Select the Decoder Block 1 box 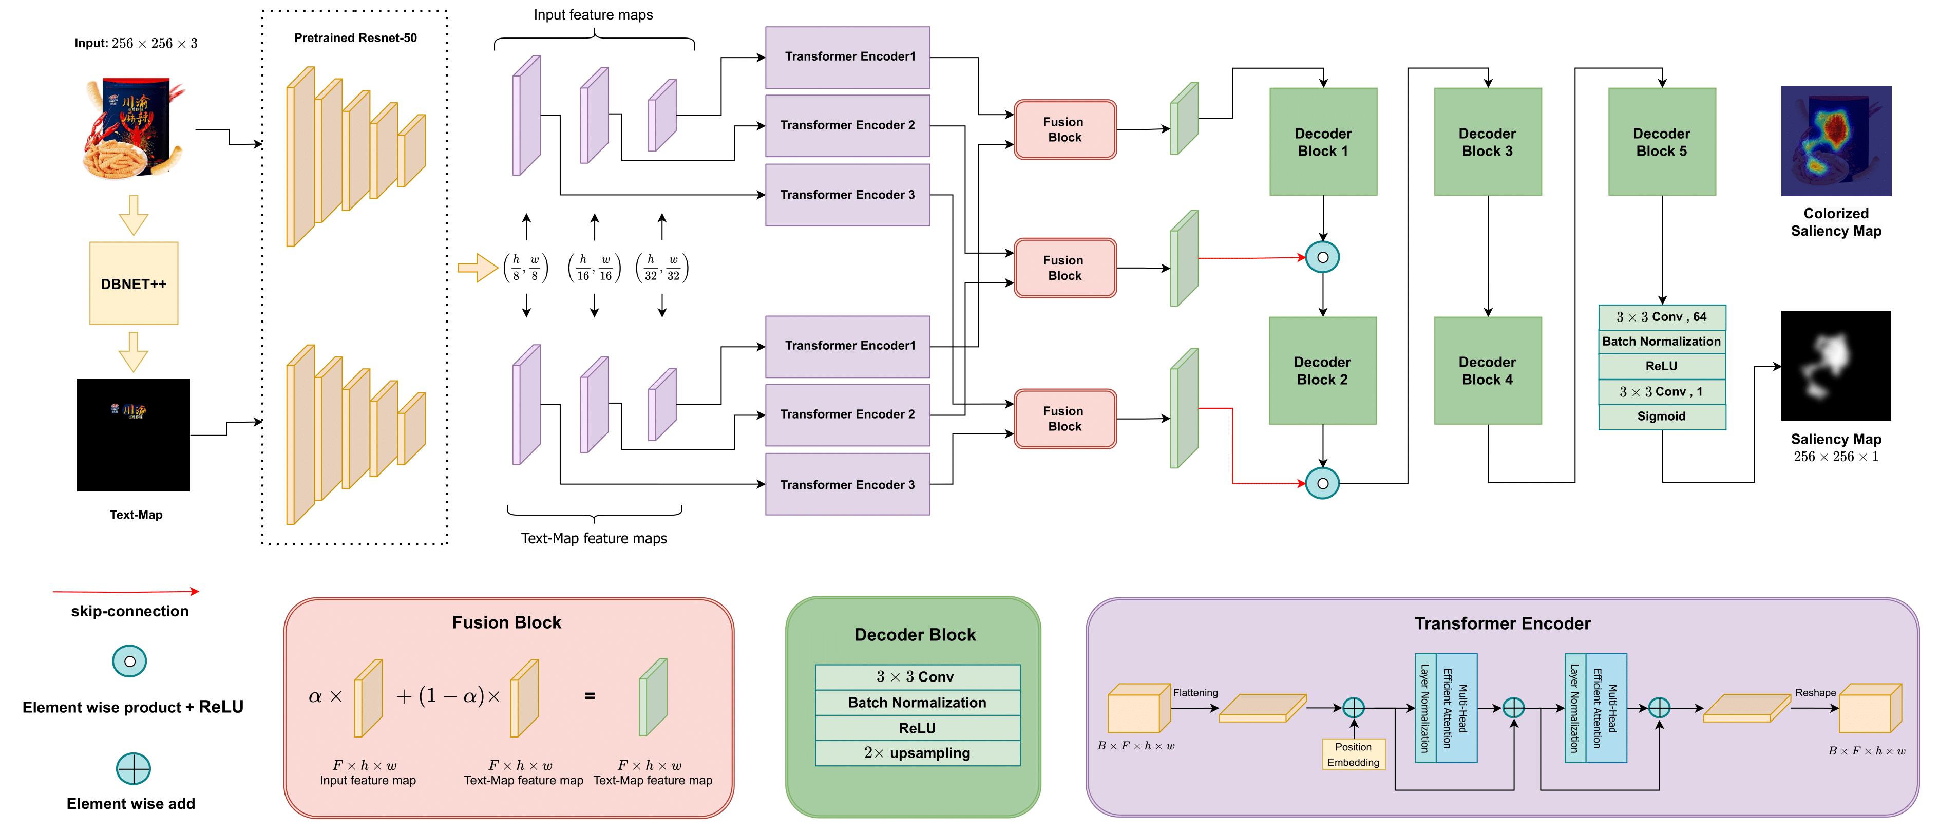[x=1322, y=142]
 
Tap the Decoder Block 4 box [x=1487, y=370]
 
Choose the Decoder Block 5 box [x=1661, y=142]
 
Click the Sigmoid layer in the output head [x=1661, y=417]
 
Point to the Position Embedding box [x=1353, y=754]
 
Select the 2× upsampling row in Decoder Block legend [x=917, y=753]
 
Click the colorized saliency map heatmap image [x=1835, y=141]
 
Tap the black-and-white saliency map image [x=1835, y=366]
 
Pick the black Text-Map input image [x=133, y=434]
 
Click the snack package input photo [x=133, y=128]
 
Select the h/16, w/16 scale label [x=594, y=267]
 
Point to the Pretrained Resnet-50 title [x=355, y=37]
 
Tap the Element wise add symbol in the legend [x=133, y=768]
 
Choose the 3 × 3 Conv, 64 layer [x=1661, y=317]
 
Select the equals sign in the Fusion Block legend [x=590, y=696]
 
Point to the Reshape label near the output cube [x=1815, y=693]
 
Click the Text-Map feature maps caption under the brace [x=594, y=538]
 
